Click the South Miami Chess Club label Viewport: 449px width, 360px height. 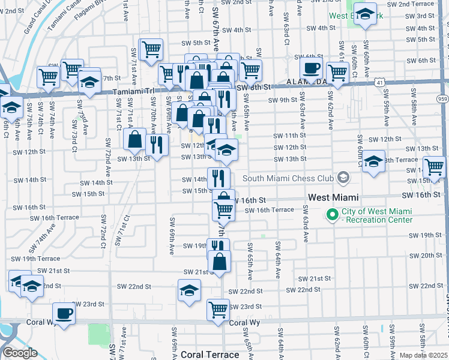click(288, 178)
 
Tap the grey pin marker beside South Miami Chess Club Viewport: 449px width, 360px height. click(343, 178)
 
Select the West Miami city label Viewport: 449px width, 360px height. click(333, 197)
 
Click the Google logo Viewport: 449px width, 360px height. click(20, 353)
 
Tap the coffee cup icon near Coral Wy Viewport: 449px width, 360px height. click(63, 313)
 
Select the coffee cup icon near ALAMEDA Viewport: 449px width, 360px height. click(311, 68)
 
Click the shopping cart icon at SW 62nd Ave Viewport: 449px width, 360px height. click(337, 72)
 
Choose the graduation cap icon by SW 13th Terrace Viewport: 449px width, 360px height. click(373, 161)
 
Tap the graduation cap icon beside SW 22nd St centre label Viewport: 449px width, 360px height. click(190, 290)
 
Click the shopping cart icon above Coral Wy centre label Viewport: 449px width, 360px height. click(218, 309)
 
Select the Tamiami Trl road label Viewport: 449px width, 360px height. click(134, 92)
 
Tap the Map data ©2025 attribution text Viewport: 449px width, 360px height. click(423, 355)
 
